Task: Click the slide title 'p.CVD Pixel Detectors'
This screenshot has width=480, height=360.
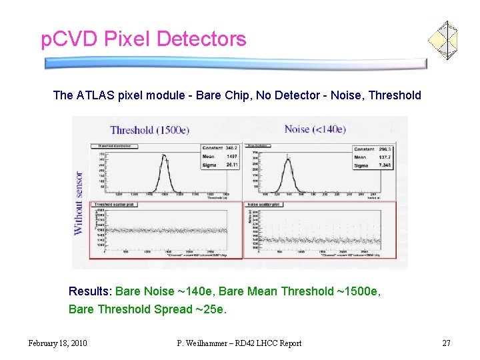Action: (143, 39)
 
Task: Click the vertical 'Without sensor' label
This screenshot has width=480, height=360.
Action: (79, 203)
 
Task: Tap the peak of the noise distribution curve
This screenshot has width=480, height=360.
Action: (289, 157)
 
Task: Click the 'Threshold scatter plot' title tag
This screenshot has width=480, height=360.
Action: (115, 205)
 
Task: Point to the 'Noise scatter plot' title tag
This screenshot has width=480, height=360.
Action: (265, 205)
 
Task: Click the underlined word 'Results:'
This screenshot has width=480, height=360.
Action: (91, 291)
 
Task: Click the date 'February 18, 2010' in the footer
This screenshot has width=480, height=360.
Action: (58, 343)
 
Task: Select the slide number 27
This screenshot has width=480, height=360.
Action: (447, 343)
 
